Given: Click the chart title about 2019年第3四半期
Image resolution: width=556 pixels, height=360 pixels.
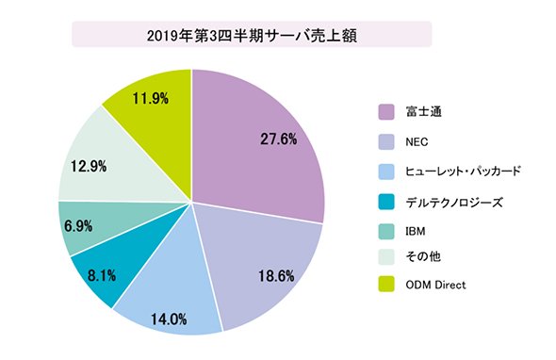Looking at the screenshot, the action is pyautogui.click(x=252, y=36).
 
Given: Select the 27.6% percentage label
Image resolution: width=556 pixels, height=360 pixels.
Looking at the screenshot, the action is pyautogui.click(x=278, y=139).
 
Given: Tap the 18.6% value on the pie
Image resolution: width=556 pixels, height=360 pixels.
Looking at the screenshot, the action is pyautogui.click(x=276, y=276).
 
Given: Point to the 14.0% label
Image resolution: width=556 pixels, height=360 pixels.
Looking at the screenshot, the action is pyautogui.click(x=169, y=319).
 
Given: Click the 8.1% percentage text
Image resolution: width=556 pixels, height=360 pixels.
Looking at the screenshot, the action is pyautogui.click(x=102, y=275).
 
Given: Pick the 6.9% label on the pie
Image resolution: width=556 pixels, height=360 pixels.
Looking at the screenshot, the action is pyautogui.click(x=78, y=226).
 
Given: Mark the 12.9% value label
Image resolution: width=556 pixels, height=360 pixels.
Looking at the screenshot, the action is pyautogui.click(x=89, y=166).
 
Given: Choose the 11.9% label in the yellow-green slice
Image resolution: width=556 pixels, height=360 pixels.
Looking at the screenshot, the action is pyautogui.click(x=151, y=98).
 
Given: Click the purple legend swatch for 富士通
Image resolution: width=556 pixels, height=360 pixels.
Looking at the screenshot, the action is pyautogui.click(x=386, y=112).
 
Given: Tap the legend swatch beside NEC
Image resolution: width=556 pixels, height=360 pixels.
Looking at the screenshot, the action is pyautogui.click(x=386, y=142).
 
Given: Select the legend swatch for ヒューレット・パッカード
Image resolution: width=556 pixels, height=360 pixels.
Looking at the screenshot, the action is pyautogui.click(x=386, y=172).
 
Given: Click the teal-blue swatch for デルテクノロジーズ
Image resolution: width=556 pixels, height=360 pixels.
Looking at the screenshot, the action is pyautogui.click(x=386, y=202).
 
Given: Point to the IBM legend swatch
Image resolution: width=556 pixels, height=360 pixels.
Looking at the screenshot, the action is pyautogui.click(x=386, y=231).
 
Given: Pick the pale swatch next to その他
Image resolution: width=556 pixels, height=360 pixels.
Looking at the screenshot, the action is pyautogui.click(x=386, y=256).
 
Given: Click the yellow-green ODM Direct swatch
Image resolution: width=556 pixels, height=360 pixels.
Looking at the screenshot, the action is pyautogui.click(x=386, y=285).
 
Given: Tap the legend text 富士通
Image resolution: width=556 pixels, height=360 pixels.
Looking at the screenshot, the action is pyautogui.click(x=423, y=112).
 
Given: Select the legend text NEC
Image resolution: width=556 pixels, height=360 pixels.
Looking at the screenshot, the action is pyautogui.click(x=417, y=142).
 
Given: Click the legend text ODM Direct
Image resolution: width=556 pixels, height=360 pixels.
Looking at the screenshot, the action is pyautogui.click(x=435, y=285).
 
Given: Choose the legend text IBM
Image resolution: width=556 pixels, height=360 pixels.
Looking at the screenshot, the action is pyautogui.click(x=416, y=231).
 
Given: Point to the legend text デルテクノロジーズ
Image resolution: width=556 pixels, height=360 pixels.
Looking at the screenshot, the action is pyautogui.click(x=454, y=203).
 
